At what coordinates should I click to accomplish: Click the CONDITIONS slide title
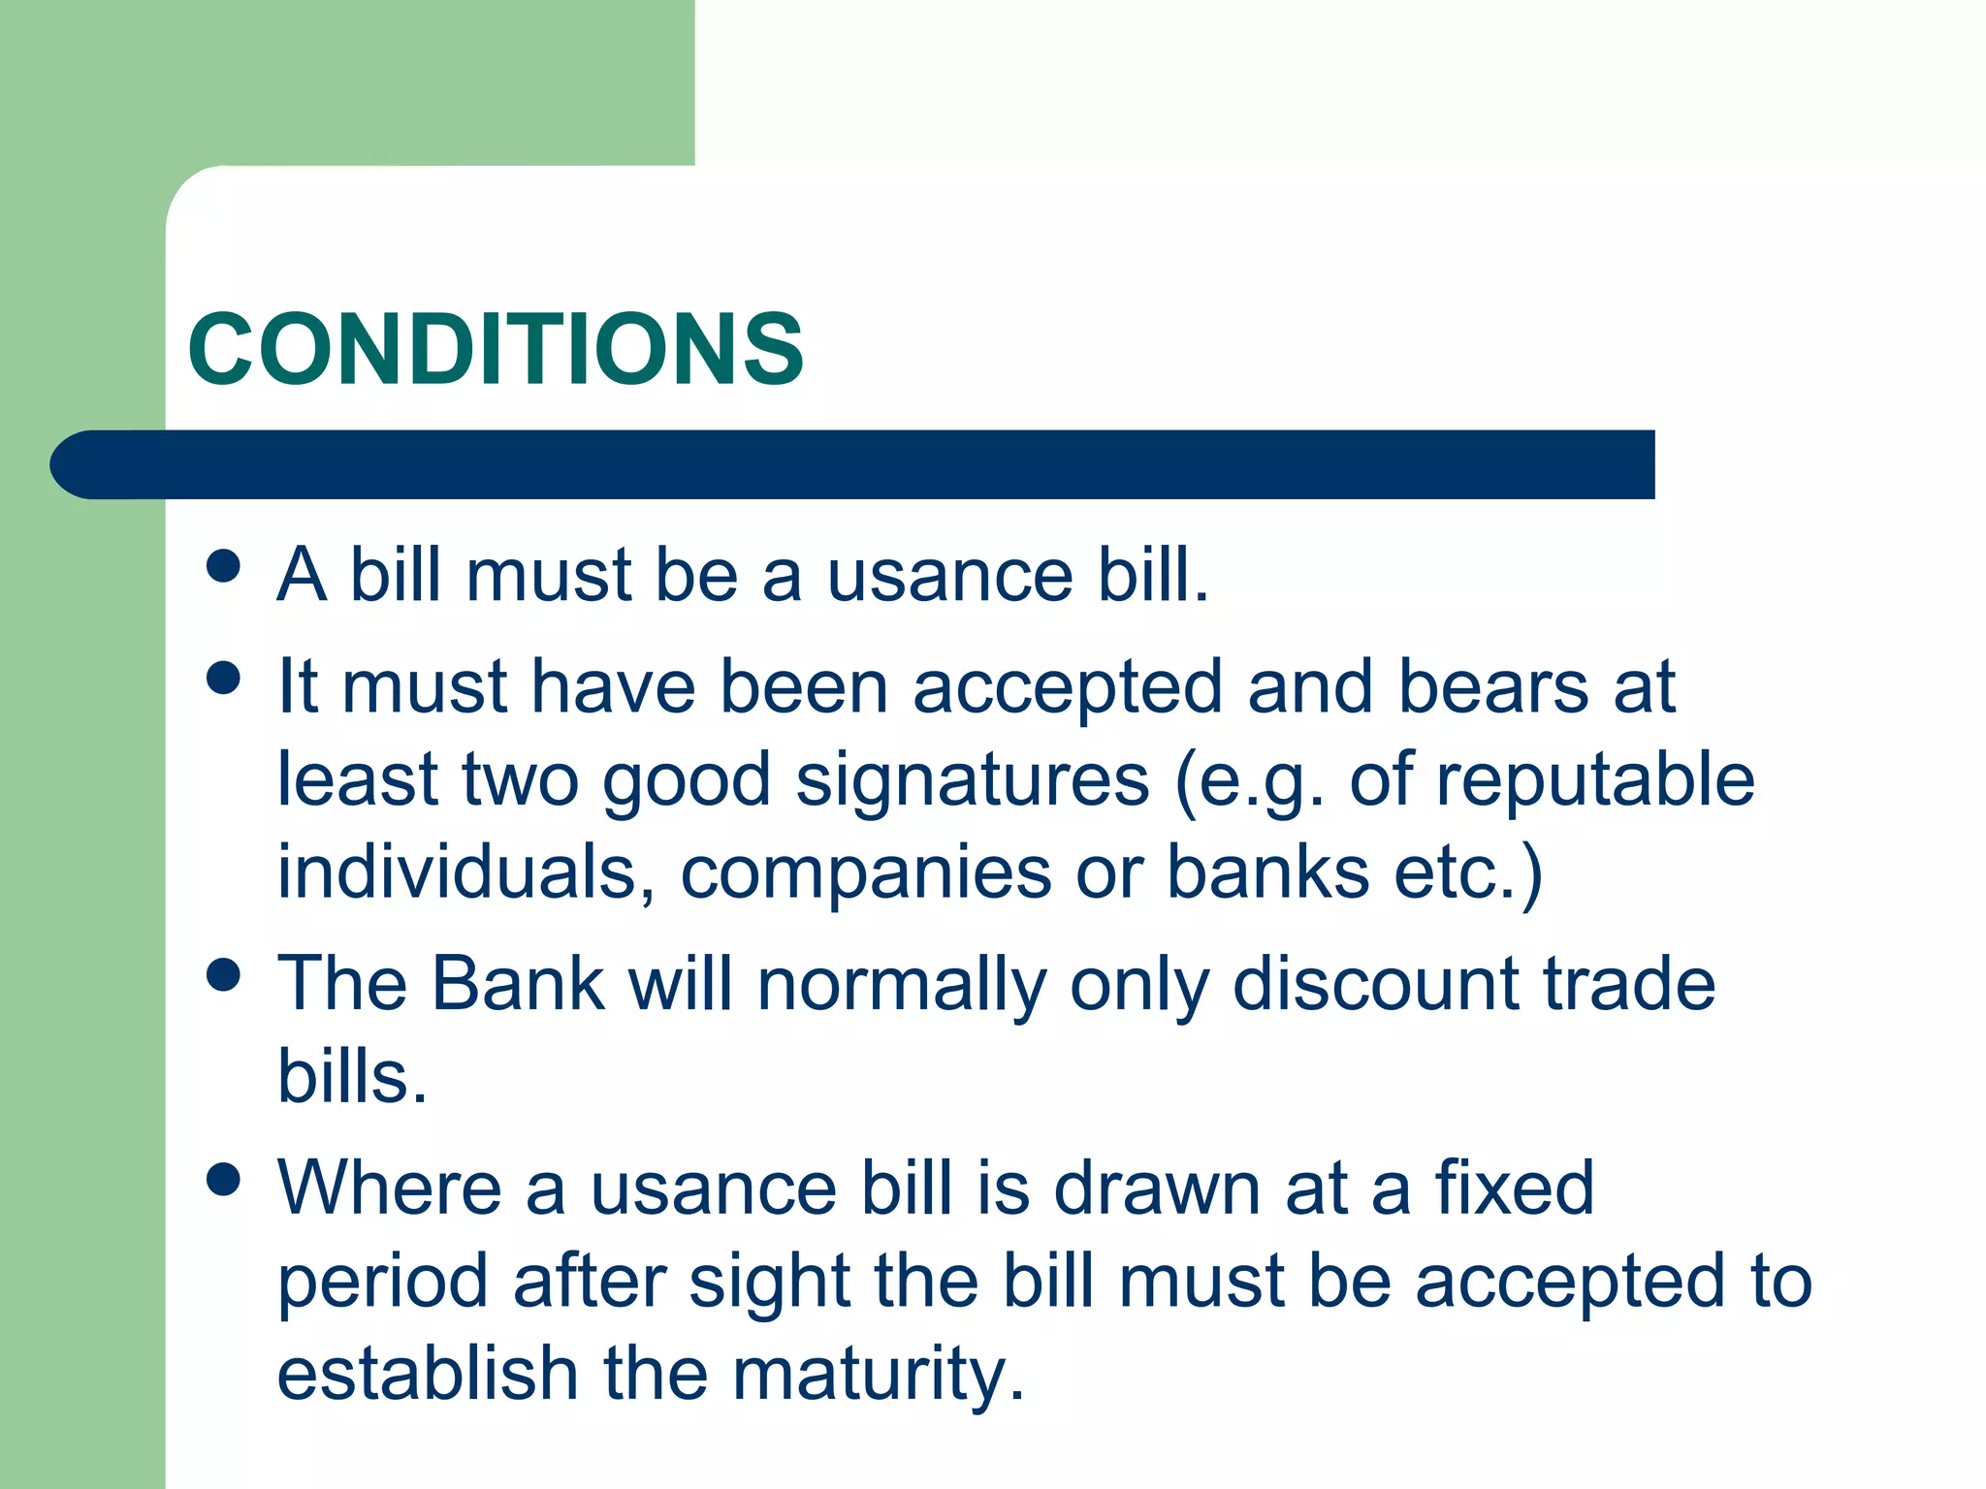tap(496, 349)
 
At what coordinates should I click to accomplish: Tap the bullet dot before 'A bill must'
tap(224, 566)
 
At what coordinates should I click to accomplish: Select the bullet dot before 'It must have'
tap(224, 678)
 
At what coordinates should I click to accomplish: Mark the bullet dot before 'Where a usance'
tap(224, 1180)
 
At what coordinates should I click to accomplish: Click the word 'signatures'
tap(972, 780)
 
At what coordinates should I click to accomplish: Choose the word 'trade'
tap(1629, 984)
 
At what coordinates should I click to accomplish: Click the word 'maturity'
tap(877, 1375)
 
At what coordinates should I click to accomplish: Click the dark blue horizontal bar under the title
tap(853, 464)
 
